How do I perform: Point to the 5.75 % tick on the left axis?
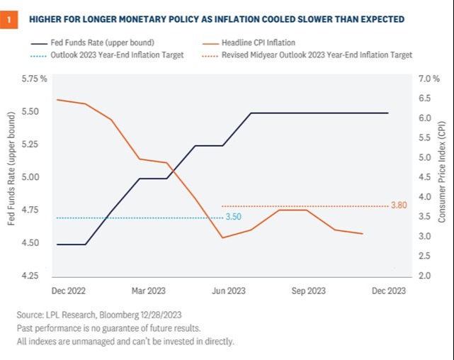34,79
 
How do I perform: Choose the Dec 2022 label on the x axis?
69,291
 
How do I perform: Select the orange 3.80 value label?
399,206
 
